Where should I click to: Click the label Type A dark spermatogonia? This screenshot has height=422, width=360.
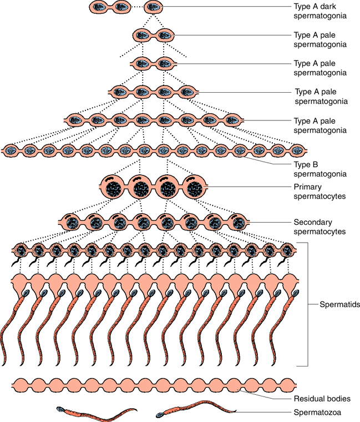tap(320, 11)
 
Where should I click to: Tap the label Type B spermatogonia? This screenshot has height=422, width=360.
tap(320, 169)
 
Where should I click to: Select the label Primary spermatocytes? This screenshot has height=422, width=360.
tap(320, 192)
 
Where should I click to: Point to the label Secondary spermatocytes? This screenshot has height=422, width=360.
tap(320, 227)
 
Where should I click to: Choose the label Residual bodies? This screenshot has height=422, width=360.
tap(321, 399)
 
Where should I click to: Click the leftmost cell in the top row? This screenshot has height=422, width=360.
tap(100, 7)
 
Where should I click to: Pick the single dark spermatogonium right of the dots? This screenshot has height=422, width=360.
tap(153, 7)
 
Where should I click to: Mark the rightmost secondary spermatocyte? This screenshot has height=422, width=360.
tap(239, 223)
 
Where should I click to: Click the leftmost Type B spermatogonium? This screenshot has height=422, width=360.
tap(12, 150)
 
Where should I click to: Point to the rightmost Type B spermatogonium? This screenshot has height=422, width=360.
tap(297, 150)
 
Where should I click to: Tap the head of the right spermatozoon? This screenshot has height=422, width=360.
tap(160, 413)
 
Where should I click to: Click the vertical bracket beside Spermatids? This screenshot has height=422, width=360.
tap(307, 304)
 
